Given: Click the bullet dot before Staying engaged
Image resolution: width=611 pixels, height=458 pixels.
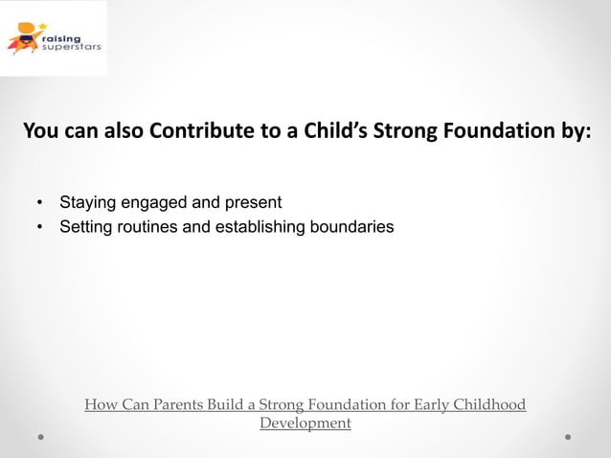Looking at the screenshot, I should [x=39, y=203].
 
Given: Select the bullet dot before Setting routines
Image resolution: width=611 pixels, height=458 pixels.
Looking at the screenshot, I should [x=39, y=228].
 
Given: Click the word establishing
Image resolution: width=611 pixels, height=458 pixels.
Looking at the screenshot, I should [x=259, y=228].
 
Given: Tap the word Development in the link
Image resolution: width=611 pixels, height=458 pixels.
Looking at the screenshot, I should [x=305, y=424].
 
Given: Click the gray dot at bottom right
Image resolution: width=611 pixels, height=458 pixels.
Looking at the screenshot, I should [x=568, y=436].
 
